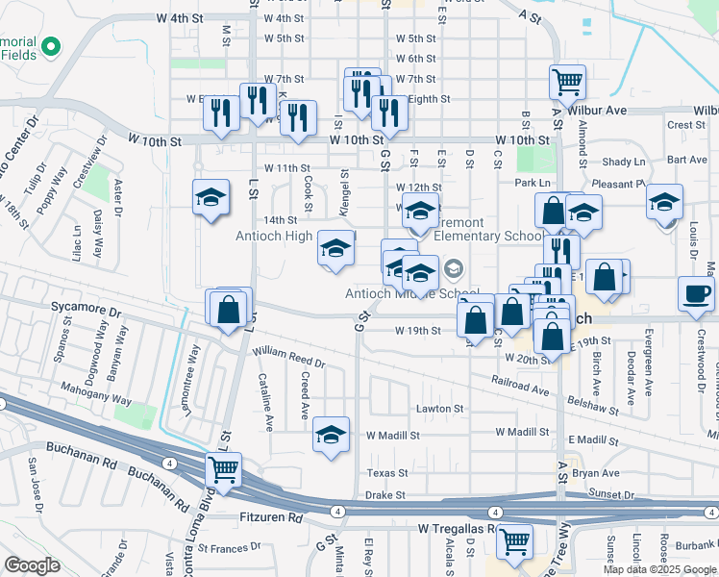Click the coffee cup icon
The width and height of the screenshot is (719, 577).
coord(696,293)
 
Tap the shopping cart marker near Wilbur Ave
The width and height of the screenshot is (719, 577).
coord(567,82)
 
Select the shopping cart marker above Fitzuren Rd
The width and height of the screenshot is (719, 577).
coord(223,470)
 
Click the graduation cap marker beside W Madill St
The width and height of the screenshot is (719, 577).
coord(331,435)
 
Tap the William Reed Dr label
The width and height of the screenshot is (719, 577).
coord(289,359)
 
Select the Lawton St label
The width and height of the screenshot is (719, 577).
coord(439,409)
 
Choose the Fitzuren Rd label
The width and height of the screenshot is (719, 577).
coord(270,517)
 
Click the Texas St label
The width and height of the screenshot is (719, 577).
coord(387,473)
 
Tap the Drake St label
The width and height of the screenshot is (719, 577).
coord(386,495)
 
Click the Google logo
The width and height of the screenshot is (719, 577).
coord(32,565)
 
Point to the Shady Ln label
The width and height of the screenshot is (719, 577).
coord(624,163)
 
